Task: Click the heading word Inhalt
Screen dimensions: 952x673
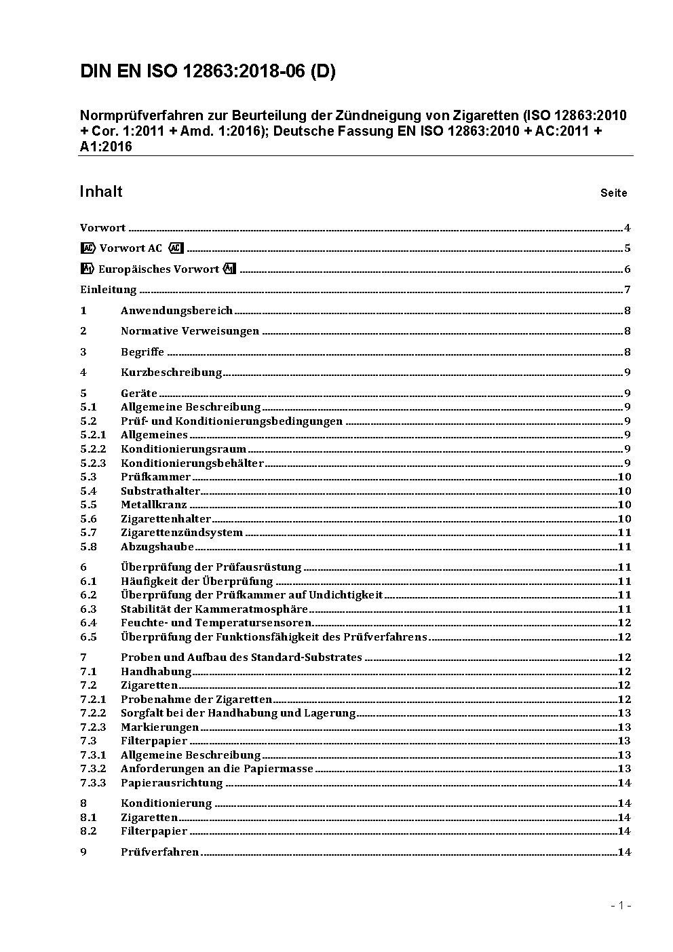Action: click(101, 191)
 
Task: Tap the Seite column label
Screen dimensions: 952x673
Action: click(613, 193)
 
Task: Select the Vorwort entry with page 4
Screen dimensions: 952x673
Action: click(102, 228)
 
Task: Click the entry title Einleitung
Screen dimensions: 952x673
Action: click(109, 290)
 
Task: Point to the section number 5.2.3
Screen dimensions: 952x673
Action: click(93, 463)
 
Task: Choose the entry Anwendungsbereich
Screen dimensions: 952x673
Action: click(176, 311)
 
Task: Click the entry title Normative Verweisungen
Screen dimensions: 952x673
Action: click(190, 331)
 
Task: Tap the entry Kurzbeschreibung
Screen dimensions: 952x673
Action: click(171, 373)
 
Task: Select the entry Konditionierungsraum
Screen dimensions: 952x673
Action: click(183, 449)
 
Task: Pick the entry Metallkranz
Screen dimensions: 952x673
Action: click(153, 505)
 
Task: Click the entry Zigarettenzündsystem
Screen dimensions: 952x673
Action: click(182, 533)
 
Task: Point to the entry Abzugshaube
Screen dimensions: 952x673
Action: click(157, 547)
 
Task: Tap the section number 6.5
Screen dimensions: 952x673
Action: click(88, 637)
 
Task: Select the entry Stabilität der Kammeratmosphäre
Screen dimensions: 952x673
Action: click(214, 609)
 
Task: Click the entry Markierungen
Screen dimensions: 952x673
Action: click(159, 727)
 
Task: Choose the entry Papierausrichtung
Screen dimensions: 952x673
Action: click(172, 783)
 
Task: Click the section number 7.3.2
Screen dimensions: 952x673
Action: click(93, 769)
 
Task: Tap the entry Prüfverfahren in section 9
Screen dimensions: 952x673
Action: click(159, 852)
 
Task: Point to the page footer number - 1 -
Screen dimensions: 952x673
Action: click(621, 905)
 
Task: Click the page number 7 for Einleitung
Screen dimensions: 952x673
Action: click(628, 290)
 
